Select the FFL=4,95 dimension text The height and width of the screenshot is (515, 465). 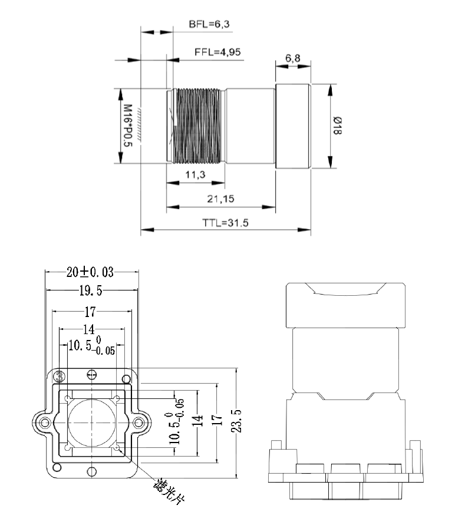coord(217,52)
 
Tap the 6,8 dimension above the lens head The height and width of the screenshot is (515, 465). coord(292,58)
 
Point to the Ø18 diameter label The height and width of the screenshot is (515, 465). coord(337,126)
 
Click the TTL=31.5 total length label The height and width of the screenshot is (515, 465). coord(226,223)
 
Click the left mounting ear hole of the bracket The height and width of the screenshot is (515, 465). coord(43,421)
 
